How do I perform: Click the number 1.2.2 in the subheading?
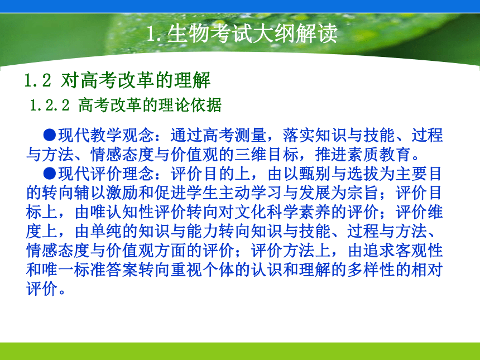tap(50, 105)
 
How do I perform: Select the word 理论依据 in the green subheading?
tap(190, 105)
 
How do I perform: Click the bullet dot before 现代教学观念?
tap(50, 135)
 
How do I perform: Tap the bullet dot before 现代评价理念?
tap(50, 174)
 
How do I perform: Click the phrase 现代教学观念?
tap(106, 135)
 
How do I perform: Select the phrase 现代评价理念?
tap(106, 174)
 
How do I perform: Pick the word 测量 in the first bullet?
tap(251, 135)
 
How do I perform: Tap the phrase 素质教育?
tap(380, 154)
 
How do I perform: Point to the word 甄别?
tap(315, 174)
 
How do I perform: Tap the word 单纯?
tap(106, 232)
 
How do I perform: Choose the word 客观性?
tap(419, 251)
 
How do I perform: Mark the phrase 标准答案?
tap(106, 270)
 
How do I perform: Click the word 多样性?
tap(371, 270)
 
